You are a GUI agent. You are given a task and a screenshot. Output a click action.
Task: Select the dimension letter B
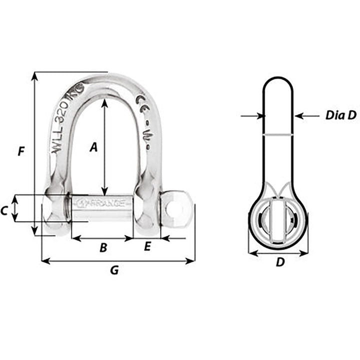(x=103, y=247)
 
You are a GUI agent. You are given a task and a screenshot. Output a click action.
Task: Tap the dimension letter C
(x=4, y=211)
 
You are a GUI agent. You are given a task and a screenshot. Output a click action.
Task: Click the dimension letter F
(x=20, y=151)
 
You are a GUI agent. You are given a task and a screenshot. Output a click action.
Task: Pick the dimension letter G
(x=114, y=270)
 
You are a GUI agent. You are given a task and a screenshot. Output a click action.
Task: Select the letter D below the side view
(x=280, y=262)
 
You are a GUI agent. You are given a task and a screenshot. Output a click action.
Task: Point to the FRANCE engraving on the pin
(x=102, y=203)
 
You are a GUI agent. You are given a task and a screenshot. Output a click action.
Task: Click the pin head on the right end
(x=176, y=206)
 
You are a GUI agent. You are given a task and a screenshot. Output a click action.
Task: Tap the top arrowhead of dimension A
(x=104, y=102)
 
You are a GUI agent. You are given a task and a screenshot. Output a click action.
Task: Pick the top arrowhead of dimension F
(x=34, y=75)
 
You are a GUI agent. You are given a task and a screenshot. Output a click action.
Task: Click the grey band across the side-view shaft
(x=278, y=134)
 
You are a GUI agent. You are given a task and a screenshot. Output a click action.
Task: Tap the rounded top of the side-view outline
(x=278, y=80)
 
